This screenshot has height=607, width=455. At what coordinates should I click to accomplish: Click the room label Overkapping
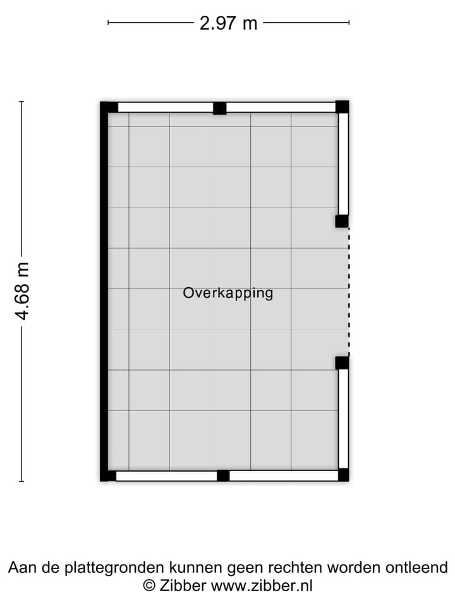click(228, 293)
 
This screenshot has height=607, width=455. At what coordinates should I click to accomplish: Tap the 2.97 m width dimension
click(228, 23)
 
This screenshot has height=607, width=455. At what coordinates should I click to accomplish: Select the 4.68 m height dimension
click(23, 290)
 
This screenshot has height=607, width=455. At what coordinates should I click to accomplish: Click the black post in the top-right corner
click(342, 106)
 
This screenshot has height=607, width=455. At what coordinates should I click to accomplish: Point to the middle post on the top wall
click(219, 108)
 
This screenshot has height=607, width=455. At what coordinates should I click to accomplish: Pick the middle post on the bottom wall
click(223, 475)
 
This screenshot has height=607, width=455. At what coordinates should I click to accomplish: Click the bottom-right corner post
click(343, 475)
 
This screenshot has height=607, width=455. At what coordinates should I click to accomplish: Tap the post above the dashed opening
click(342, 221)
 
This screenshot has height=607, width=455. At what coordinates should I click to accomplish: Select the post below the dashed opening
click(342, 362)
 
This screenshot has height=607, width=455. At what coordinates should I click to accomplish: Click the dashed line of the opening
click(348, 291)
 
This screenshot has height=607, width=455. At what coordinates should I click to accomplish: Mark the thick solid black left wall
click(104, 291)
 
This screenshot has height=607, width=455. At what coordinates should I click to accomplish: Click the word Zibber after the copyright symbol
click(183, 586)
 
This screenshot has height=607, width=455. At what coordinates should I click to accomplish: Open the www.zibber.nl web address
click(262, 586)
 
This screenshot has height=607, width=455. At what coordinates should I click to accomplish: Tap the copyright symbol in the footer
click(149, 586)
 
